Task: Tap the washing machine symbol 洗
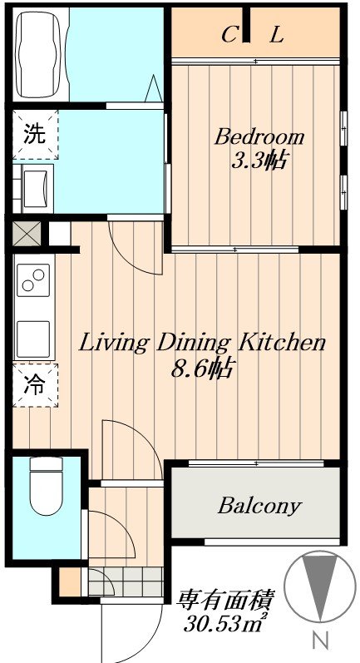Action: [35, 134]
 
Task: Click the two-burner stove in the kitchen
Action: [33, 280]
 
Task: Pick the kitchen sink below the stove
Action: [33, 339]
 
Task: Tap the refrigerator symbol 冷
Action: [35, 385]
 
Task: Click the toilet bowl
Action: [47, 487]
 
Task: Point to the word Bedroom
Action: [259, 138]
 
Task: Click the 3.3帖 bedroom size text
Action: [260, 161]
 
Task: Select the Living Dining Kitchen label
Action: [202, 344]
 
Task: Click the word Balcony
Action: [260, 506]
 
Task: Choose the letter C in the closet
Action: [229, 36]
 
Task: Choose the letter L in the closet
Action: [277, 36]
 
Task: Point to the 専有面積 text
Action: [226, 600]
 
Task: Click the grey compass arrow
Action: [320, 582]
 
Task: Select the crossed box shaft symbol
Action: [27, 233]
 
